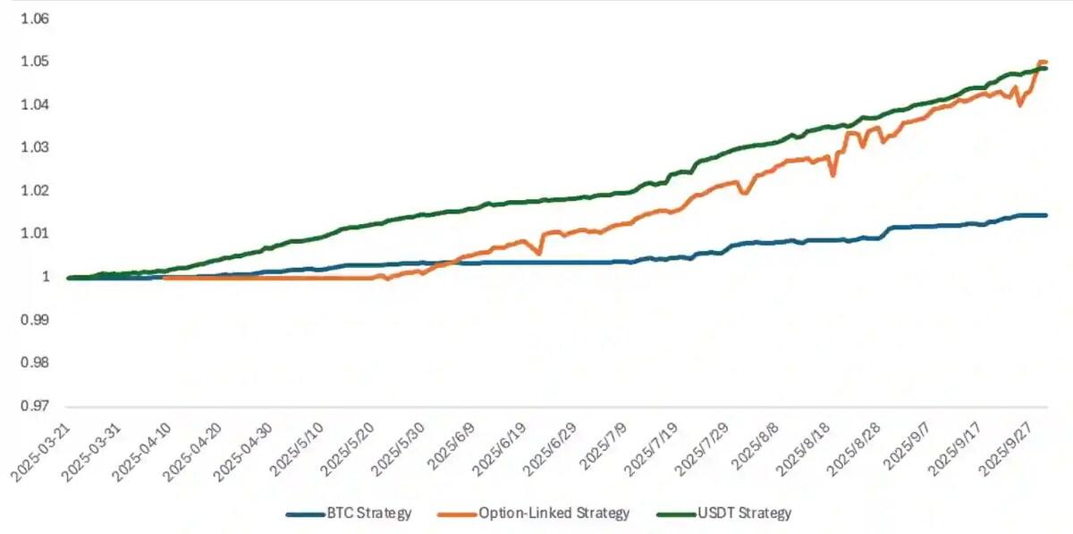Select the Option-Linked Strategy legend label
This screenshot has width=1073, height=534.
tap(554, 513)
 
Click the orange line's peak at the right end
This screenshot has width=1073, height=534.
tap(1043, 62)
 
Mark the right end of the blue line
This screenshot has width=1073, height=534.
tap(1046, 215)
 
